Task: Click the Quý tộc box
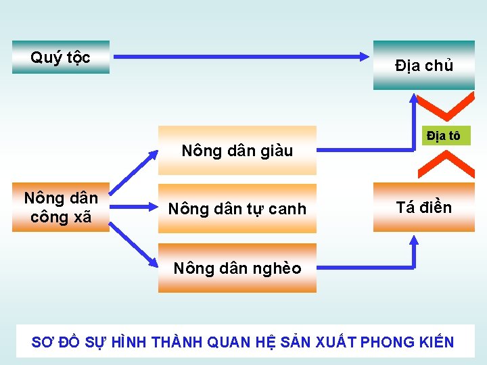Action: pos(61,57)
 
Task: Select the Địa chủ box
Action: pos(424,66)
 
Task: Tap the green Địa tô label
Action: pos(443,136)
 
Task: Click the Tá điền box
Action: pos(424,208)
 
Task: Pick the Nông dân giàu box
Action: pos(237,151)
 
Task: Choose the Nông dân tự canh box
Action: pos(237,209)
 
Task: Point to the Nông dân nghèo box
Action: pos(237,268)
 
